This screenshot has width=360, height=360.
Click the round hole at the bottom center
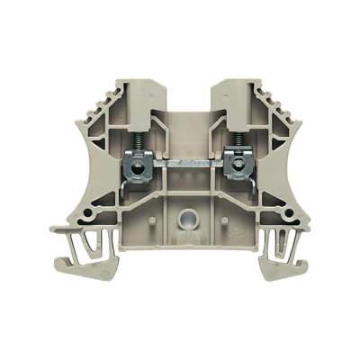click(x=188, y=216)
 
